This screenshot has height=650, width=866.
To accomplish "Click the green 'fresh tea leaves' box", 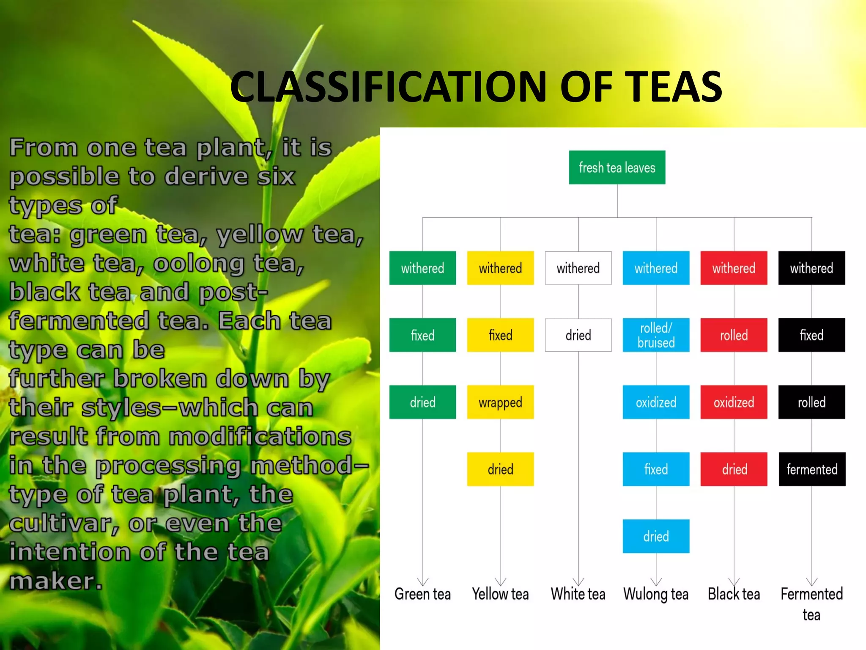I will coord(617,168).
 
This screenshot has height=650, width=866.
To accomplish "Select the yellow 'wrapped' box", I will coord(500,402).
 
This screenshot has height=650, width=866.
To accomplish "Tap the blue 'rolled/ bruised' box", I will coord(656,335).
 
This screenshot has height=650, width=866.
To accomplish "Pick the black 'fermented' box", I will coord(812,469).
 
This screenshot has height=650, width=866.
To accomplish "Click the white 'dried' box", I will coord(578,335).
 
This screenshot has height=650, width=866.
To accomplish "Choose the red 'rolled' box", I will coord(734,335).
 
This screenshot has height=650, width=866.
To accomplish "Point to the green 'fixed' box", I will coord(422,335).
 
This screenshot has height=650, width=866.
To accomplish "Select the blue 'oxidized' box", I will coord(656,402).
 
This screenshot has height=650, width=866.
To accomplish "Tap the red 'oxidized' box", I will coord(734,402).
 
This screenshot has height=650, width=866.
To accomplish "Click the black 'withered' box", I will coord(811,268).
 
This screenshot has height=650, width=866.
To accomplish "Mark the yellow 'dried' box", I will coord(500,469).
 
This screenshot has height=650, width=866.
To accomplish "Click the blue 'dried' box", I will coord(656,536).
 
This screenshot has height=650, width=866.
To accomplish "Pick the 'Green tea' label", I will coord(422,594).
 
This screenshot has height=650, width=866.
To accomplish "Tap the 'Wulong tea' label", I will coord(656,594).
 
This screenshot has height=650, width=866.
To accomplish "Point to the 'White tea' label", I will coord(578,594).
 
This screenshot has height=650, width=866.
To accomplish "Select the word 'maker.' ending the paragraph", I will coord(56,581).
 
